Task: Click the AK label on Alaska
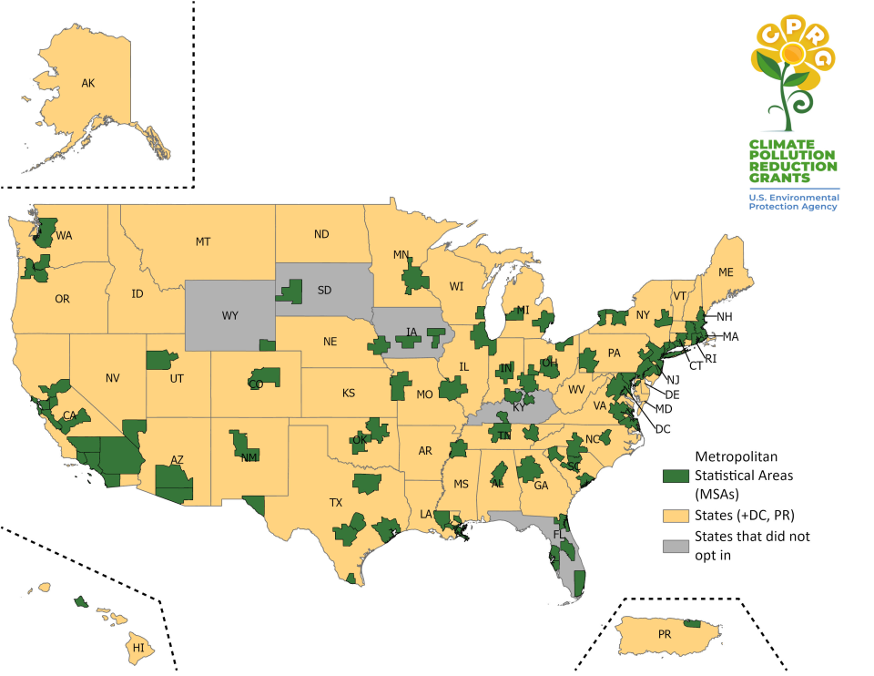(88, 84)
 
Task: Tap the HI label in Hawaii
(138, 648)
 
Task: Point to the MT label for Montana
(202, 241)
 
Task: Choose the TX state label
(336, 502)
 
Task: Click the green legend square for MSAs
(675, 476)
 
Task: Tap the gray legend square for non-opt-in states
(675, 544)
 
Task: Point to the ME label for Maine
(726, 272)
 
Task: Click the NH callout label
(725, 317)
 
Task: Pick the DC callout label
(663, 428)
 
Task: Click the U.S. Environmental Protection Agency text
(794, 201)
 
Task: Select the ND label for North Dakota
(321, 234)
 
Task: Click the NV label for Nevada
(113, 377)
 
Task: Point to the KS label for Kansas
(349, 394)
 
